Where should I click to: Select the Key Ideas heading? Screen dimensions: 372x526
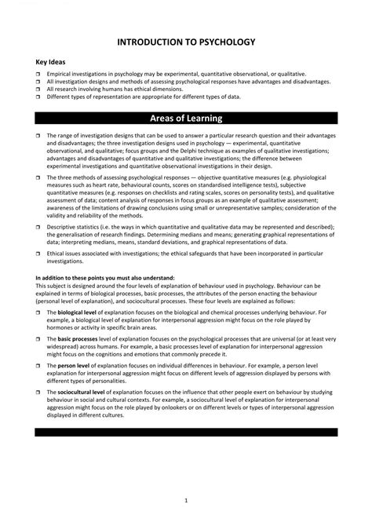(x=51, y=62)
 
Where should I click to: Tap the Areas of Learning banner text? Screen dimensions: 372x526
(x=186, y=119)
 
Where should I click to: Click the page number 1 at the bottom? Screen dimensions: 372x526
(x=186, y=478)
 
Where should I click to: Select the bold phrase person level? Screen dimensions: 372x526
(x=72, y=365)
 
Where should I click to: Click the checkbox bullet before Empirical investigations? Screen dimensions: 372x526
(x=38, y=73)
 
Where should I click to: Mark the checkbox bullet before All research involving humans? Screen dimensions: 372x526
(x=38, y=89)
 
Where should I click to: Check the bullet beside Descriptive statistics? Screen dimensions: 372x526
(x=38, y=227)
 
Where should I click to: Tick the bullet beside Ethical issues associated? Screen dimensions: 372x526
(x=38, y=254)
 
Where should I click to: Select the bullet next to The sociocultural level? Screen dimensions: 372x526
(x=38, y=391)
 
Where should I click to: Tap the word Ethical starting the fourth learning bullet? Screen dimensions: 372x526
(x=57, y=254)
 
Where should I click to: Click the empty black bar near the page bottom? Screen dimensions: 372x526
(x=186, y=432)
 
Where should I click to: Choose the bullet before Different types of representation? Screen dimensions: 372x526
(x=38, y=97)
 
